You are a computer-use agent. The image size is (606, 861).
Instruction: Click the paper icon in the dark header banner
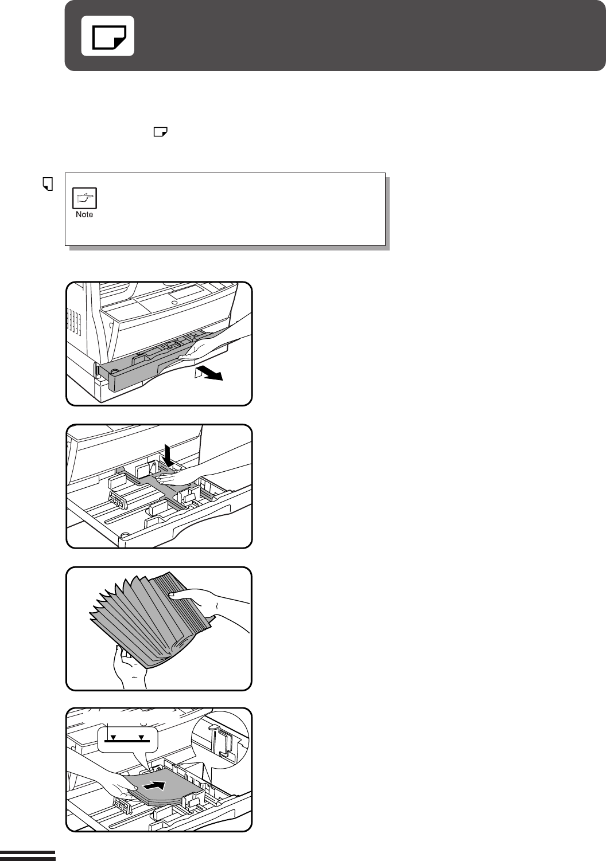click(109, 37)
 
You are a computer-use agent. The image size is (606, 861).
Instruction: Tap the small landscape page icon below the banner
click(161, 132)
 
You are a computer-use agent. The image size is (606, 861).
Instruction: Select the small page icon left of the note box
click(48, 184)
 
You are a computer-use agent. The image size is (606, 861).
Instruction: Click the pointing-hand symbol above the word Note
click(84, 198)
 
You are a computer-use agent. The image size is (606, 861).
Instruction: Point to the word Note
click(84, 214)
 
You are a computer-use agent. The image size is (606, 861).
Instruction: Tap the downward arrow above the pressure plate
click(168, 455)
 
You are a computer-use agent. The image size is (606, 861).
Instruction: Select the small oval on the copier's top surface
click(174, 303)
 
